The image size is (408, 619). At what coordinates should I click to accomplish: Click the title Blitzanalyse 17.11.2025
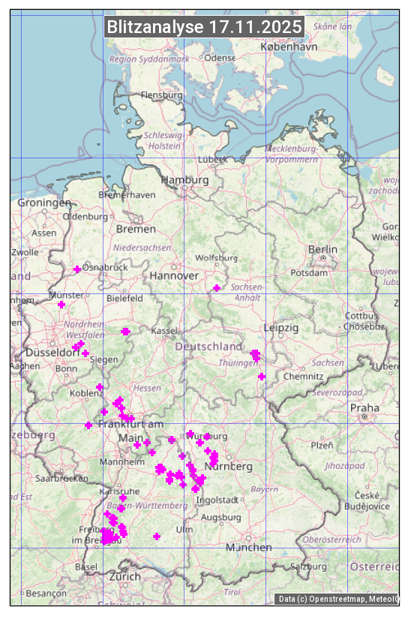click(x=204, y=27)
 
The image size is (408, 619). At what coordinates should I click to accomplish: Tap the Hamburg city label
click(x=184, y=181)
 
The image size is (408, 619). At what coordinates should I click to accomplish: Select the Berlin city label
click(x=322, y=249)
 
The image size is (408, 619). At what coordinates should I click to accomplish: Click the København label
click(x=289, y=47)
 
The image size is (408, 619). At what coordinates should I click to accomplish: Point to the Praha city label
click(x=364, y=408)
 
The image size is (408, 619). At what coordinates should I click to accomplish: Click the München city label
click(x=249, y=548)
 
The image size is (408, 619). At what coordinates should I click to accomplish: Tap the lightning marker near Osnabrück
click(x=77, y=269)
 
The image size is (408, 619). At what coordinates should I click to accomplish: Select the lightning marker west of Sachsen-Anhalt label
click(x=217, y=288)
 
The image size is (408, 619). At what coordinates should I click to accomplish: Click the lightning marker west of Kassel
click(x=125, y=332)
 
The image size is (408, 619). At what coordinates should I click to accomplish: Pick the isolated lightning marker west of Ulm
click(x=157, y=536)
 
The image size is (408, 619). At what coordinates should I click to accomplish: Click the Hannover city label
click(x=174, y=276)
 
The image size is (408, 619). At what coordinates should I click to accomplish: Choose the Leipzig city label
click(x=281, y=328)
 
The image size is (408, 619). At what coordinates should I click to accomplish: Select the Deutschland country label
click(x=208, y=347)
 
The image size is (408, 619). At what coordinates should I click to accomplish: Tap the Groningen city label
click(x=44, y=203)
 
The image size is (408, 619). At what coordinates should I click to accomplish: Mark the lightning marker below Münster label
click(x=61, y=305)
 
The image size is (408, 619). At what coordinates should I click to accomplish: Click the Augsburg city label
click(x=221, y=517)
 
